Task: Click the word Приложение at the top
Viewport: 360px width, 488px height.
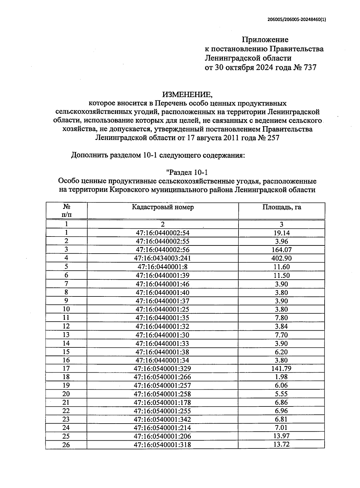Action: coord(265,40)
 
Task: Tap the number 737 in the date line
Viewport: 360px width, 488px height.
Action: coord(310,68)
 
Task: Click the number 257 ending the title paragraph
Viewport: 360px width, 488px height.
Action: coord(271,138)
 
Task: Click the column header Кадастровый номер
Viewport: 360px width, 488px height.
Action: coord(163,207)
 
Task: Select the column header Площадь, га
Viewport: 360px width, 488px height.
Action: coord(281,207)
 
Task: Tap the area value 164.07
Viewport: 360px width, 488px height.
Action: coord(281,250)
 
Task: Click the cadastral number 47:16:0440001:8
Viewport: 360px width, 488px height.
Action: coord(162,267)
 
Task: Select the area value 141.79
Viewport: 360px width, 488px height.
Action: coord(281,369)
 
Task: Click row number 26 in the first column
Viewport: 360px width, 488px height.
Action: coord(66,445)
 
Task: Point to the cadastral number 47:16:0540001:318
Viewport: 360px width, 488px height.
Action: coord(162,445)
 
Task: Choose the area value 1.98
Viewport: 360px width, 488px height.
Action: coord(281,377)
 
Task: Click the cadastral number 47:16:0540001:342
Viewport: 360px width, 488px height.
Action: coord(162,419)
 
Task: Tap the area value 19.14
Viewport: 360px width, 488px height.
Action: coord(281,233)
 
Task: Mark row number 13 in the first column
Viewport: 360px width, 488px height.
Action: coord(66,335)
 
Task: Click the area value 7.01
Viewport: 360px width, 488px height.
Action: coord(281,428)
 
